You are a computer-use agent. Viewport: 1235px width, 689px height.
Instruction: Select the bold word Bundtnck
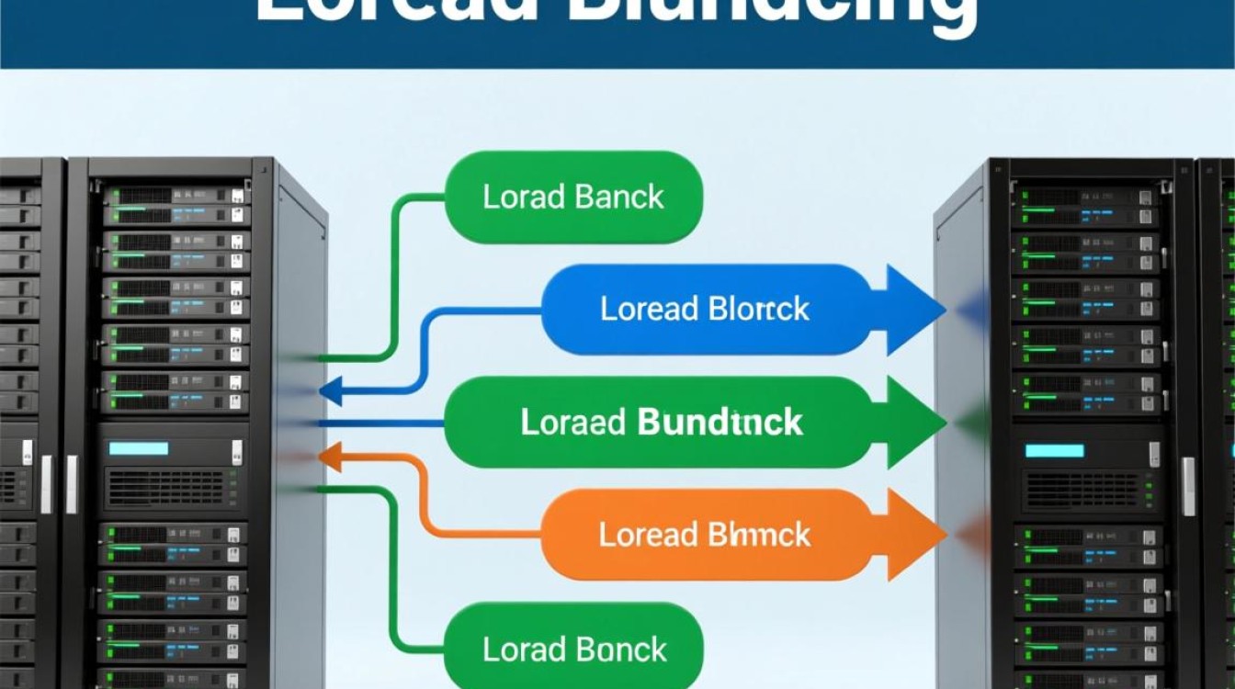[719, 423]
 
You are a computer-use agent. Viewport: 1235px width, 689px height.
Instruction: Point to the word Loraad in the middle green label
[572, 423]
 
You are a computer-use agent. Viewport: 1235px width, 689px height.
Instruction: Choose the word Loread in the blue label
[649, 309]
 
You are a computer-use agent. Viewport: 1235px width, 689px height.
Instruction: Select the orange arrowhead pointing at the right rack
[913, 535]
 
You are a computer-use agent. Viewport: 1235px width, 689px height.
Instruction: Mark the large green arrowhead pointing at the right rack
[913, 423]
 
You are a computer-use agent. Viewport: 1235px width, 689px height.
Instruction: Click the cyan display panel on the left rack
[139, 448]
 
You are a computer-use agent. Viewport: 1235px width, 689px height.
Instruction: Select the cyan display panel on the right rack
[1055, 450]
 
